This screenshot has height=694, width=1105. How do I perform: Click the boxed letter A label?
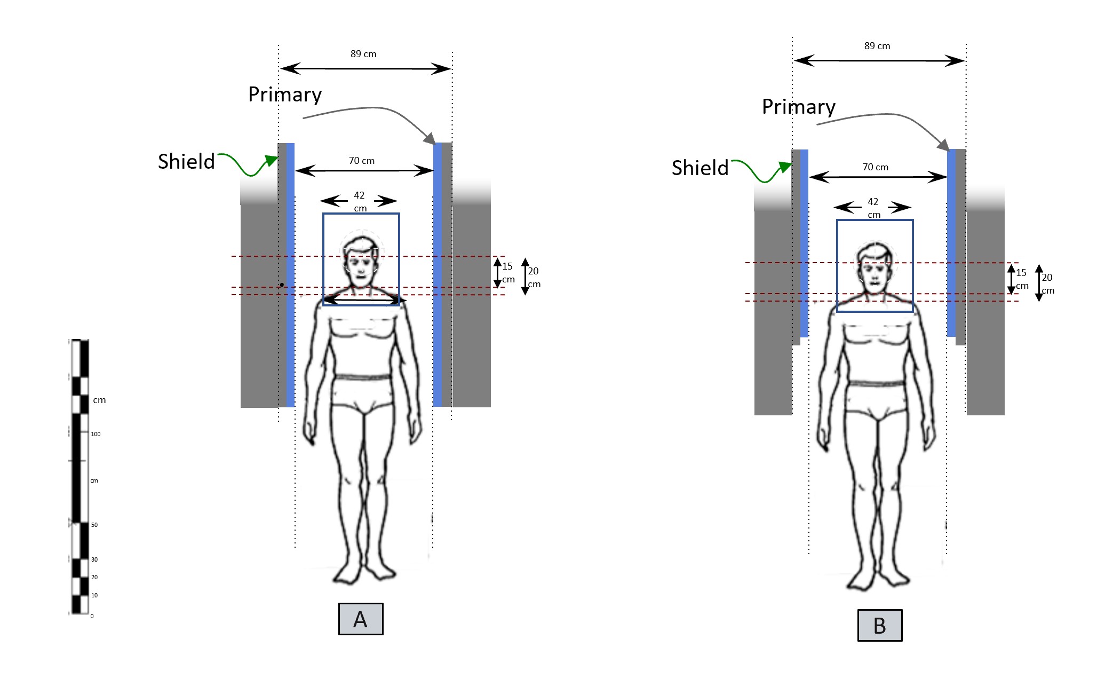[361, 619]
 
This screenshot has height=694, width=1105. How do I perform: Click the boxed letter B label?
[880, 625]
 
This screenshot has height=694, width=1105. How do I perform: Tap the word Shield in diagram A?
[186, 161]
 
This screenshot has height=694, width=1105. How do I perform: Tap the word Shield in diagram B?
[700, 168]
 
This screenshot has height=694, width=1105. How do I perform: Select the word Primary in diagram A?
[285, 95]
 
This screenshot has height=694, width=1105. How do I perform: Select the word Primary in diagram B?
[799, 107]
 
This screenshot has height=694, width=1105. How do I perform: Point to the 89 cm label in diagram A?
[363, 54]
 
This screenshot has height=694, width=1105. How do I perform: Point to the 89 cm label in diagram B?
[877, 46]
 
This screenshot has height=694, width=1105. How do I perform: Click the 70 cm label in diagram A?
[362, 161]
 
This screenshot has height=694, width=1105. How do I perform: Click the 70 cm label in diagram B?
[876, 167]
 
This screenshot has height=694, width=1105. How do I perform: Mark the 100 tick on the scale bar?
[95, 434]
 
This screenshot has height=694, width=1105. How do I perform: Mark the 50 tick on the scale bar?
[94, 525]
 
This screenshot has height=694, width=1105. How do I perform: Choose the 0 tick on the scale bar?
[92, 616]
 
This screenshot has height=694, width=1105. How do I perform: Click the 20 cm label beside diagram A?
[534, 277]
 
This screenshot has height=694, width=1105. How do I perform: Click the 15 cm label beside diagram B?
[1022, 279]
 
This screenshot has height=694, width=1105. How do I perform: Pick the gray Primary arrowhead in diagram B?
[943, 145]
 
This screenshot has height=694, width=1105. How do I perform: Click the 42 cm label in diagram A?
[360, 201]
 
